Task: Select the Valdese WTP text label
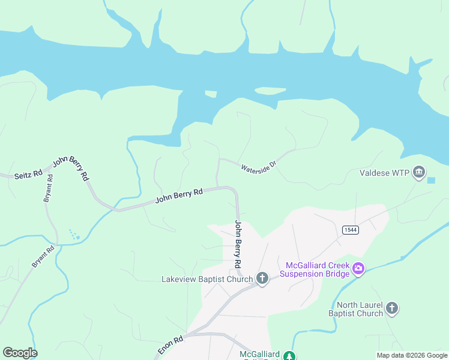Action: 384,173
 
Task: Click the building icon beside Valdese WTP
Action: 419,173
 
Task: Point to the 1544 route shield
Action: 351,230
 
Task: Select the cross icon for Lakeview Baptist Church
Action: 262,278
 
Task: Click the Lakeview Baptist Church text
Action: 206,279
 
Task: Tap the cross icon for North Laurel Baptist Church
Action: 391,308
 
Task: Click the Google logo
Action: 20,353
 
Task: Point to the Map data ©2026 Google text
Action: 412,355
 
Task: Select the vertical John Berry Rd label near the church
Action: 238,244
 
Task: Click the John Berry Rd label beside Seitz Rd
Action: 71,168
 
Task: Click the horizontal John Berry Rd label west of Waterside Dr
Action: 179,196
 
